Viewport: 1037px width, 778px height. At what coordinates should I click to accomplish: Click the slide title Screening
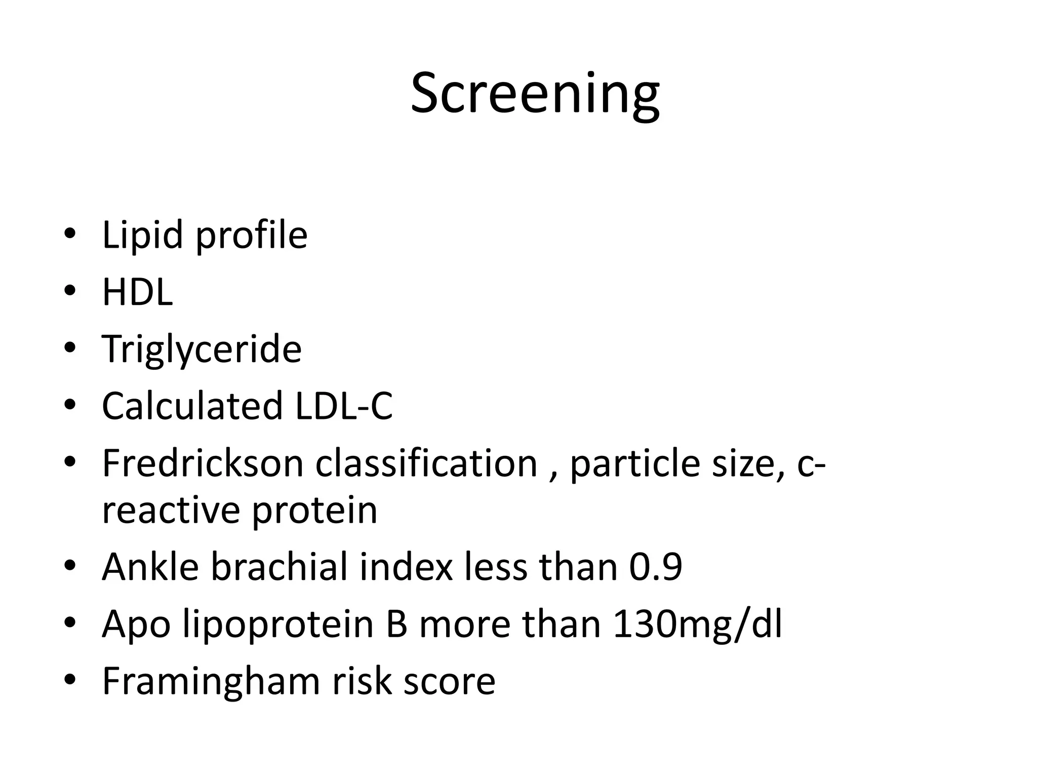[535, 94]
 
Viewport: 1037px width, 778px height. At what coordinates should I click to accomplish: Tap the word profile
[252, 236]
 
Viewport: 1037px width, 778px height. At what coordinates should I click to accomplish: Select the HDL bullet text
[137, 292]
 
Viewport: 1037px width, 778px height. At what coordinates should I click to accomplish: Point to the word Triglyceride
[202, 349]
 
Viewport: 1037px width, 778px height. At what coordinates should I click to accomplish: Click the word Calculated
[192, 406]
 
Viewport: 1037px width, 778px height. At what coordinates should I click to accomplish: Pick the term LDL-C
[344, 406]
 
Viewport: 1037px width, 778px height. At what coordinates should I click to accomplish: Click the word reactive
[171, 511]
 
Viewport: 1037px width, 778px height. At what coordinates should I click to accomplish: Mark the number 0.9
[656, 567]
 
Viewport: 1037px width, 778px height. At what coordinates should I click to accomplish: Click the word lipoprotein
[278, 625]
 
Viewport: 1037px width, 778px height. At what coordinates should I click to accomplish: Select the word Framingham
[211, 682]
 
